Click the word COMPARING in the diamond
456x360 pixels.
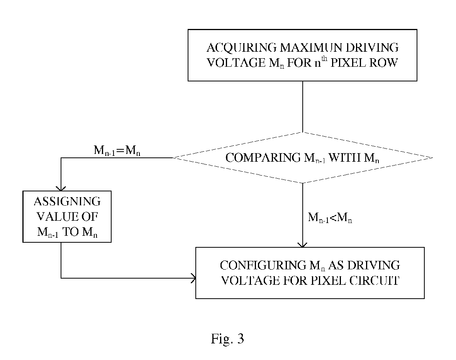263,158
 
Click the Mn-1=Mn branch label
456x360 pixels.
117,150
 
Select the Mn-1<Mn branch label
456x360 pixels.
330,218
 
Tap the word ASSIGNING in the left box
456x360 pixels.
67,202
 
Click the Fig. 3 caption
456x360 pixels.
227,339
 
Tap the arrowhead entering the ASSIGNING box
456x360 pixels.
61,189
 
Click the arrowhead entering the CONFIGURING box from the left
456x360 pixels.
193,278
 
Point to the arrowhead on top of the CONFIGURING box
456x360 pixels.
303,245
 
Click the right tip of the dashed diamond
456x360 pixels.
432,158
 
